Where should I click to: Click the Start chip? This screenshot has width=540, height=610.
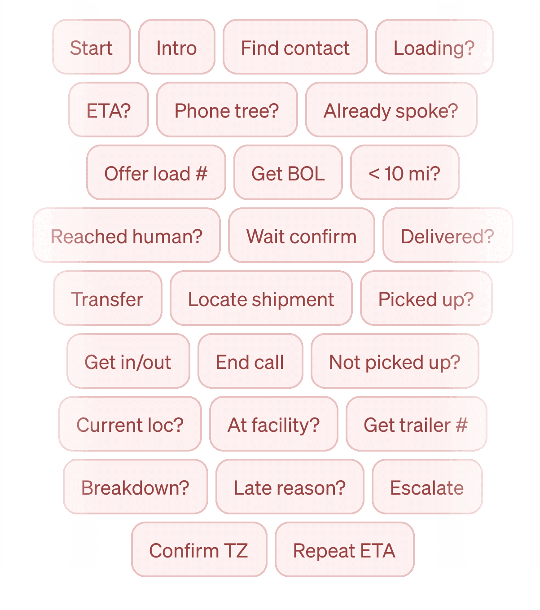(92, 47)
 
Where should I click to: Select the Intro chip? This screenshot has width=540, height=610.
(176, 47)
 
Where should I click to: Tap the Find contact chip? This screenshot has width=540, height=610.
(295, 47)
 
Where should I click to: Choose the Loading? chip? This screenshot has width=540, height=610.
(434, 47)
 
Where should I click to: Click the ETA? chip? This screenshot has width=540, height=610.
(109, 110)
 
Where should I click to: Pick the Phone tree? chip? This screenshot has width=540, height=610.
(227, 110)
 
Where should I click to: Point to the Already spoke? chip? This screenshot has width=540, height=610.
(391, 110)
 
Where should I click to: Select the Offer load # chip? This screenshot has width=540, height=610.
(156, 173)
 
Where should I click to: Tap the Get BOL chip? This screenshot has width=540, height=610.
(288, 173)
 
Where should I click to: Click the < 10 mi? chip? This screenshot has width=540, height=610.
(404, 173)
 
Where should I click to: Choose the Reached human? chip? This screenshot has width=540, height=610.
(127, 236)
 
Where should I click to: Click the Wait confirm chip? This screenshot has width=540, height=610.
(301, 236)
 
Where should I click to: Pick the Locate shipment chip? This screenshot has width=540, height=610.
(261, 298)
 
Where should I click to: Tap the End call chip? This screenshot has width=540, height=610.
(250, 361)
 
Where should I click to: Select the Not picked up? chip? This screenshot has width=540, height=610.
(395, 361)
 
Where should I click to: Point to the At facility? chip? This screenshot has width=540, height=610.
(273, 424)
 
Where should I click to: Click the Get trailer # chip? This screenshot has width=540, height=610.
(416, 424)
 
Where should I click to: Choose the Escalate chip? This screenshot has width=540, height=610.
(427, 487)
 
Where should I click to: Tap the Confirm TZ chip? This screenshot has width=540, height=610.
(199, 550)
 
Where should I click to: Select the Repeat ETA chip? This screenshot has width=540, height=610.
(344, 550)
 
